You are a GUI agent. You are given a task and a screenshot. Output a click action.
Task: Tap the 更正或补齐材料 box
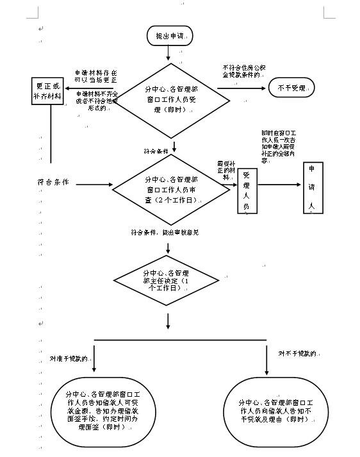(x=50, y=94)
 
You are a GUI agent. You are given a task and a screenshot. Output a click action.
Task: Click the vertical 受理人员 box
(x=247, y=190)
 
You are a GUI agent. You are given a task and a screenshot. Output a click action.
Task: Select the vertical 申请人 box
(x=312, y=187)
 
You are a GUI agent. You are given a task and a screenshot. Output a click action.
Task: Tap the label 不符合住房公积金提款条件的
(x=242, y=71)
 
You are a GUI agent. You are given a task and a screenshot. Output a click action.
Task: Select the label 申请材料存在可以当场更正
(x=94, y=76)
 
